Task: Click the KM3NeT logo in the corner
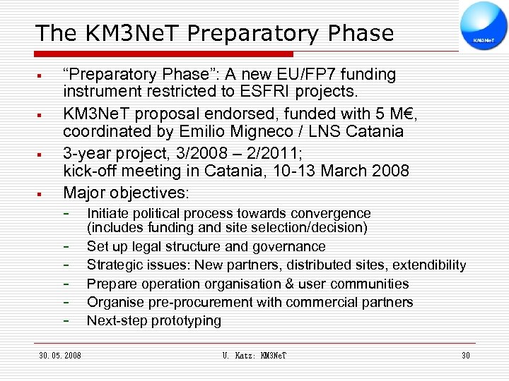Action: click(484, 28)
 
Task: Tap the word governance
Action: click(291, 246)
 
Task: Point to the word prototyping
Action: click(187, 320)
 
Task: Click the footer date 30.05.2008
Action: click(60, 356)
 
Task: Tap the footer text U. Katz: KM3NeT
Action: click(254, 356)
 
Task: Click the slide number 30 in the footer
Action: click(465, 356)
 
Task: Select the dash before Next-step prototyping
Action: click(66, 321)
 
